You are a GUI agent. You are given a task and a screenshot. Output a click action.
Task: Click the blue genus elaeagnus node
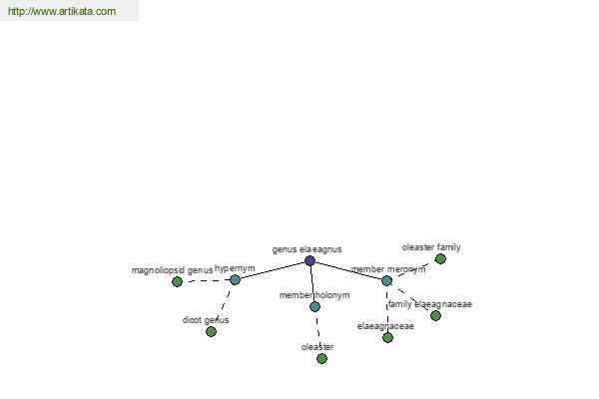[x=309, y=260]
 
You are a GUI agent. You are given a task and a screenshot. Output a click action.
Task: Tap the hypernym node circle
[x=235, y=280]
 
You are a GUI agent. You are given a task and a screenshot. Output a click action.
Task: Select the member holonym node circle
[x=314, y=306]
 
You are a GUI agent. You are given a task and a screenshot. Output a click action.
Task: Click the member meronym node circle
[x=386, y=280]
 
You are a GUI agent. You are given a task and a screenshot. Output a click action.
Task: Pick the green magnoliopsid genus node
[x=177, y=281]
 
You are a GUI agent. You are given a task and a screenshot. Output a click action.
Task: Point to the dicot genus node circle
[x=211, y=332]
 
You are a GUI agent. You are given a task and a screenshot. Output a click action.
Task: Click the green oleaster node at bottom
[x=321, y=358]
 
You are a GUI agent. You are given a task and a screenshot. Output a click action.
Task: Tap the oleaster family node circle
[x=440, y=259]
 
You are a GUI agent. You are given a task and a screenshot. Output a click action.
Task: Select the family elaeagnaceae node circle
[x=435, y=316]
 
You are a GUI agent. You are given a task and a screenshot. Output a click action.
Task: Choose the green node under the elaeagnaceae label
[x=387, y=337]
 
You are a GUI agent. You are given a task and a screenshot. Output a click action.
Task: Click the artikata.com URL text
[x=62, y=11]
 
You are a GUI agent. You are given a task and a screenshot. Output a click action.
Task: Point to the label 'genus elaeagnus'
[x=306, y=249]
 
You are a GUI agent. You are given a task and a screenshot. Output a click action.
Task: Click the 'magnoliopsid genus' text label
[x=172, y=270]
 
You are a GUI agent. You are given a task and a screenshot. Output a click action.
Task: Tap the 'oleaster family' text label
[x=431, y=247]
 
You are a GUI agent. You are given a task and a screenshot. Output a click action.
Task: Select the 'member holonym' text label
[x=314, y=295]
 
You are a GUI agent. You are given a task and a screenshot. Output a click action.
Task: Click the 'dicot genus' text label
[x=206, y=320]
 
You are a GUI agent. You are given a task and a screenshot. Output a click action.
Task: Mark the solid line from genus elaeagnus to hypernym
[x=273, y=270]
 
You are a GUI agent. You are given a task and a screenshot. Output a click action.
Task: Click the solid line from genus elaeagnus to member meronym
[x=348, y=270]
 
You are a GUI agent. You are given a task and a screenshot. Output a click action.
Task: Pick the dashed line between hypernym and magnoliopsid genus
[x=206, y=281]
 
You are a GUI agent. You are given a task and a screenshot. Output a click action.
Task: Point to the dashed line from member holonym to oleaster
[x=317, y=332]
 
